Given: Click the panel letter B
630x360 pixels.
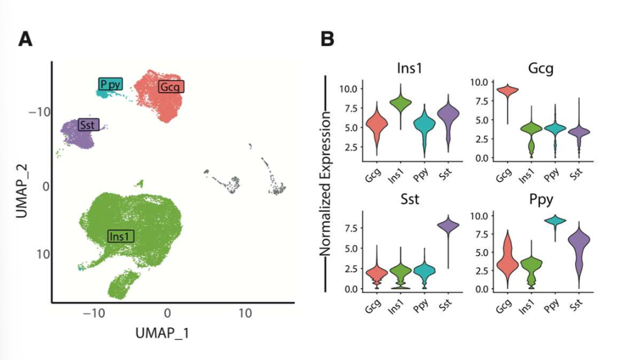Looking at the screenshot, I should (327, 39).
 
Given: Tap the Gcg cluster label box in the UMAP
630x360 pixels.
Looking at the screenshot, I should (171, 87).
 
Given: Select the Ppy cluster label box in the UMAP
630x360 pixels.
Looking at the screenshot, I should (110, 84).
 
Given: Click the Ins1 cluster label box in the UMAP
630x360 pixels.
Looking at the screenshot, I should (121, 236).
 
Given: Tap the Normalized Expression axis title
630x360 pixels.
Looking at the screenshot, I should (325, 184).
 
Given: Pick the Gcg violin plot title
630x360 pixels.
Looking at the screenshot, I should (541, 70).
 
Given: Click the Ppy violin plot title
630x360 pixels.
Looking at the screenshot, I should (541, 199).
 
